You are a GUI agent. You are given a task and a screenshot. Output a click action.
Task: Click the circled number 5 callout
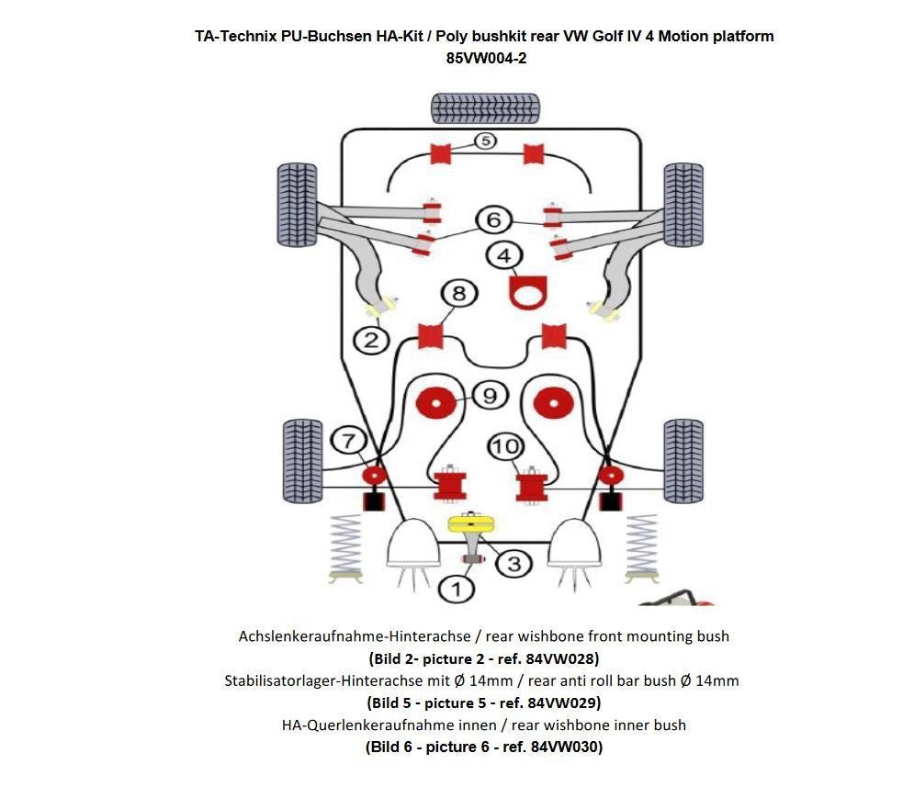pyautogui.click(x=484, y=140)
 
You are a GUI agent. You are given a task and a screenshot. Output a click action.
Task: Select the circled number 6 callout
pyautogui.click(x=493, y=219)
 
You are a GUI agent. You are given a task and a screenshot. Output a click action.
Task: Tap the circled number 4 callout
pyautogui.click(x=503, y=254)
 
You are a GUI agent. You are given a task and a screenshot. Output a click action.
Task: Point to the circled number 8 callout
pyautogui.click(x=459, y=294)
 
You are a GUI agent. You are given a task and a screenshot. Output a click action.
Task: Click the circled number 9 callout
pyautogui.click(x=490, y=396)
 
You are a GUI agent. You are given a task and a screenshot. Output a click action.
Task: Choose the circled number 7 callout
pyautogui.click(x=348, y=441)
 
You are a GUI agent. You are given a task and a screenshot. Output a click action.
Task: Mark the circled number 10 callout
pyautogui.click(x=504, y=447)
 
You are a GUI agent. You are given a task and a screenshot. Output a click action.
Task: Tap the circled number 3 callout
pyautogui.click(x=514, y=563)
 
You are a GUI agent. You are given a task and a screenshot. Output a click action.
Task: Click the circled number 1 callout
pyautogui.click(x=457, y=588)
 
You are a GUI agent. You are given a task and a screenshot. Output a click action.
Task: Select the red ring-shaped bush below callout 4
pyautogui.click(x=528, y=296)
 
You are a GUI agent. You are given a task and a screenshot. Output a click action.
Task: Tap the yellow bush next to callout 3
pyautogui.click(x=471, y=524)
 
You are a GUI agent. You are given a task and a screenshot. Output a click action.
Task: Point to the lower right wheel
pyautogui.click(x=683, y=461)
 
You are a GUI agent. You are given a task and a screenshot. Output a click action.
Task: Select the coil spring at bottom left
pyautogui.click(x=344, y=547)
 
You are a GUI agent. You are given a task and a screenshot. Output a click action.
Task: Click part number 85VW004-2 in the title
pyautogui.click(x=486, y=57)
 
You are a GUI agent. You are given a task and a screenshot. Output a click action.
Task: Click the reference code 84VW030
pyautogui.click(x=565, y=747)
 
